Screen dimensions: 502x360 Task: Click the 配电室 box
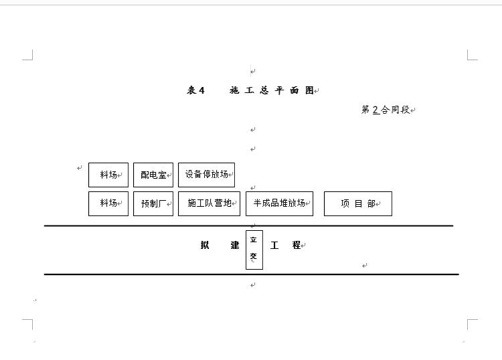[x=153, y=175]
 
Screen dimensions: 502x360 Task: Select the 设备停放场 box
[x=206, y=175]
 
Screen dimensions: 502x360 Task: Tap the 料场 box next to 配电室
[x=108, y=175]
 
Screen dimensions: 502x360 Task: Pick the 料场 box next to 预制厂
[x=108, y=203]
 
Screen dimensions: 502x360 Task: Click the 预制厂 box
[x=153, y=203]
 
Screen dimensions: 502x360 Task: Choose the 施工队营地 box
[x=209, y=203]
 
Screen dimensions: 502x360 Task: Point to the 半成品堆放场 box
[x=279, y=203]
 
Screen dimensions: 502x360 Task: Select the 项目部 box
[x=357, y=203]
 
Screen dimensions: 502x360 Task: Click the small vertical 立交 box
[x=254, y=249]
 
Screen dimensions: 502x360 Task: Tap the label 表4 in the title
[x=195, y=90]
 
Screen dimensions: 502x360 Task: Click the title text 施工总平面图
[x=271, y=90]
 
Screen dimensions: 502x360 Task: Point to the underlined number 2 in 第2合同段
[x=375, y=110]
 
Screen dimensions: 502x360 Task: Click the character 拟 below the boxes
[x=205, y=246]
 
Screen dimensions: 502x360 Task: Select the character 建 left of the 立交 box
[x=235, y=246]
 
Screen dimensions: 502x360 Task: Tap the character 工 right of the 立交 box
[x=274, y=246]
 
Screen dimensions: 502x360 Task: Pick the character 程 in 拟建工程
[x=297, y=246]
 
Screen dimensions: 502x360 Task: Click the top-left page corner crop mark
[x=29, y=56]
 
